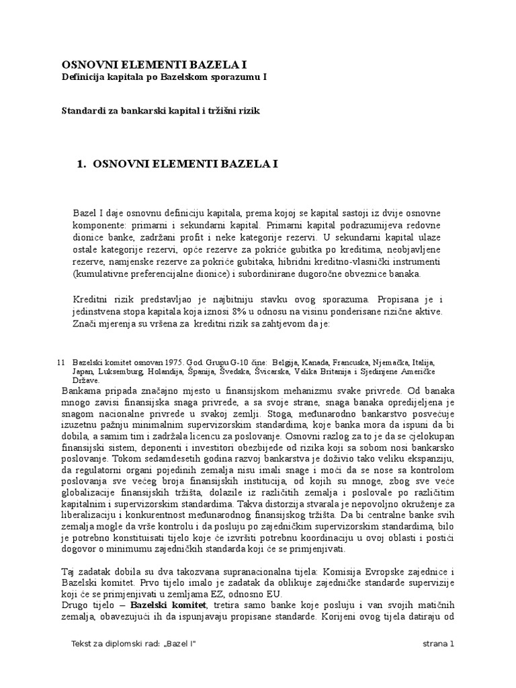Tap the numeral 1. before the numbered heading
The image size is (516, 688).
point(84,164)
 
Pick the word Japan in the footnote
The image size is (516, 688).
point(83,371)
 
